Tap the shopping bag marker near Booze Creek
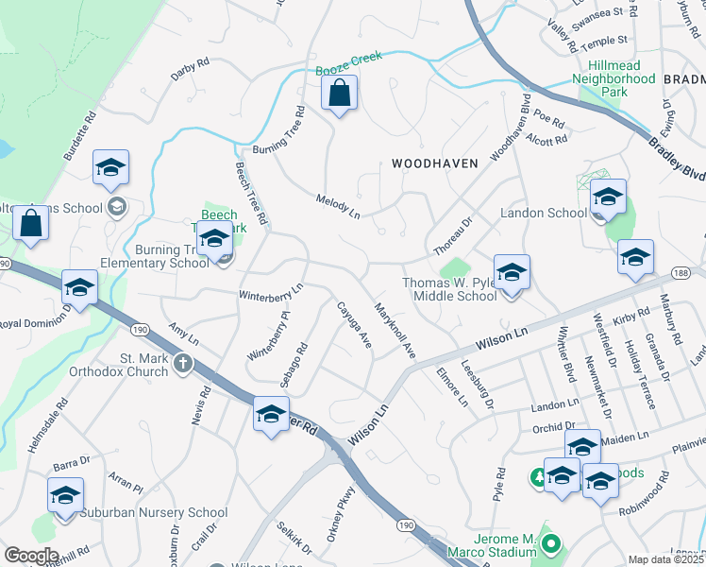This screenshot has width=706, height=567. click(x=338, y=94)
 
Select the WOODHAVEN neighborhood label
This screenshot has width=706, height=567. click(x=435, y=163)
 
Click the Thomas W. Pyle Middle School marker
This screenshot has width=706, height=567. click(x=512, y=274)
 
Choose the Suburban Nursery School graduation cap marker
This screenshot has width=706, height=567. click(x=65, y=495)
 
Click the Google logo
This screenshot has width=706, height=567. click(x=31, y=555)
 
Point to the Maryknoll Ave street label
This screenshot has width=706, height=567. click(x=395, y=330)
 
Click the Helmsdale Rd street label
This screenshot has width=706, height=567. click(x=47, y=425)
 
